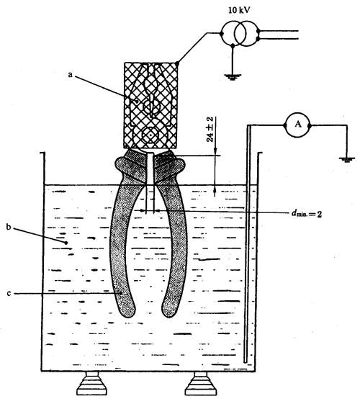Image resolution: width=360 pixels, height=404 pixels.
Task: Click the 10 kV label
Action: (x=239, y=10)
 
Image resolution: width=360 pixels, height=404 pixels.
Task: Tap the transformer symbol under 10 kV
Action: (x=240, y=34)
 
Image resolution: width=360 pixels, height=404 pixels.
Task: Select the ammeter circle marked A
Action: (x=297, y=125)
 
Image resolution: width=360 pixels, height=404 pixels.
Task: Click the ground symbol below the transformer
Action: (x=233, y=77)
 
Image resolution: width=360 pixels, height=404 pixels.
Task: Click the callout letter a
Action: (x=70, y=75)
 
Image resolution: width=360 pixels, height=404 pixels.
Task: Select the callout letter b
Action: (x=9, y=228)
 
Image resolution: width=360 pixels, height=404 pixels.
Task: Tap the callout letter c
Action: (x=9, y=294)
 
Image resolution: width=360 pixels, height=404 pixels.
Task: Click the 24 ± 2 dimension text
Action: (x=210, y=130)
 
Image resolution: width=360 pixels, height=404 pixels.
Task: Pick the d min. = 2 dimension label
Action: (x=307, y=214)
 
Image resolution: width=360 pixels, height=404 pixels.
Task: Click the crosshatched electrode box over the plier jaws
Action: (x=151, y=106)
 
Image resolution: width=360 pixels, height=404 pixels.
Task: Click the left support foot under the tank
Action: (x=91, y=384)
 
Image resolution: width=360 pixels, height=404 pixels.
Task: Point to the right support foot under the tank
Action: (x=200, y=384)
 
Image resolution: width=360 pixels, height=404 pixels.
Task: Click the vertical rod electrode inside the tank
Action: (x=248, y=243)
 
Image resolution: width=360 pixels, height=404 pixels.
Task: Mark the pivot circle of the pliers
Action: (x=150, y=135)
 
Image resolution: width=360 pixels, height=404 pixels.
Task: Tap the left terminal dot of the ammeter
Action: (x=285, y=125)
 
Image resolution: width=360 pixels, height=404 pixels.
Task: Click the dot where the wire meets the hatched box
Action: (x=177, y=63)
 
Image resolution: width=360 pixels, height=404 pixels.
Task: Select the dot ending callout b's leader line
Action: (x=66, y=243)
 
